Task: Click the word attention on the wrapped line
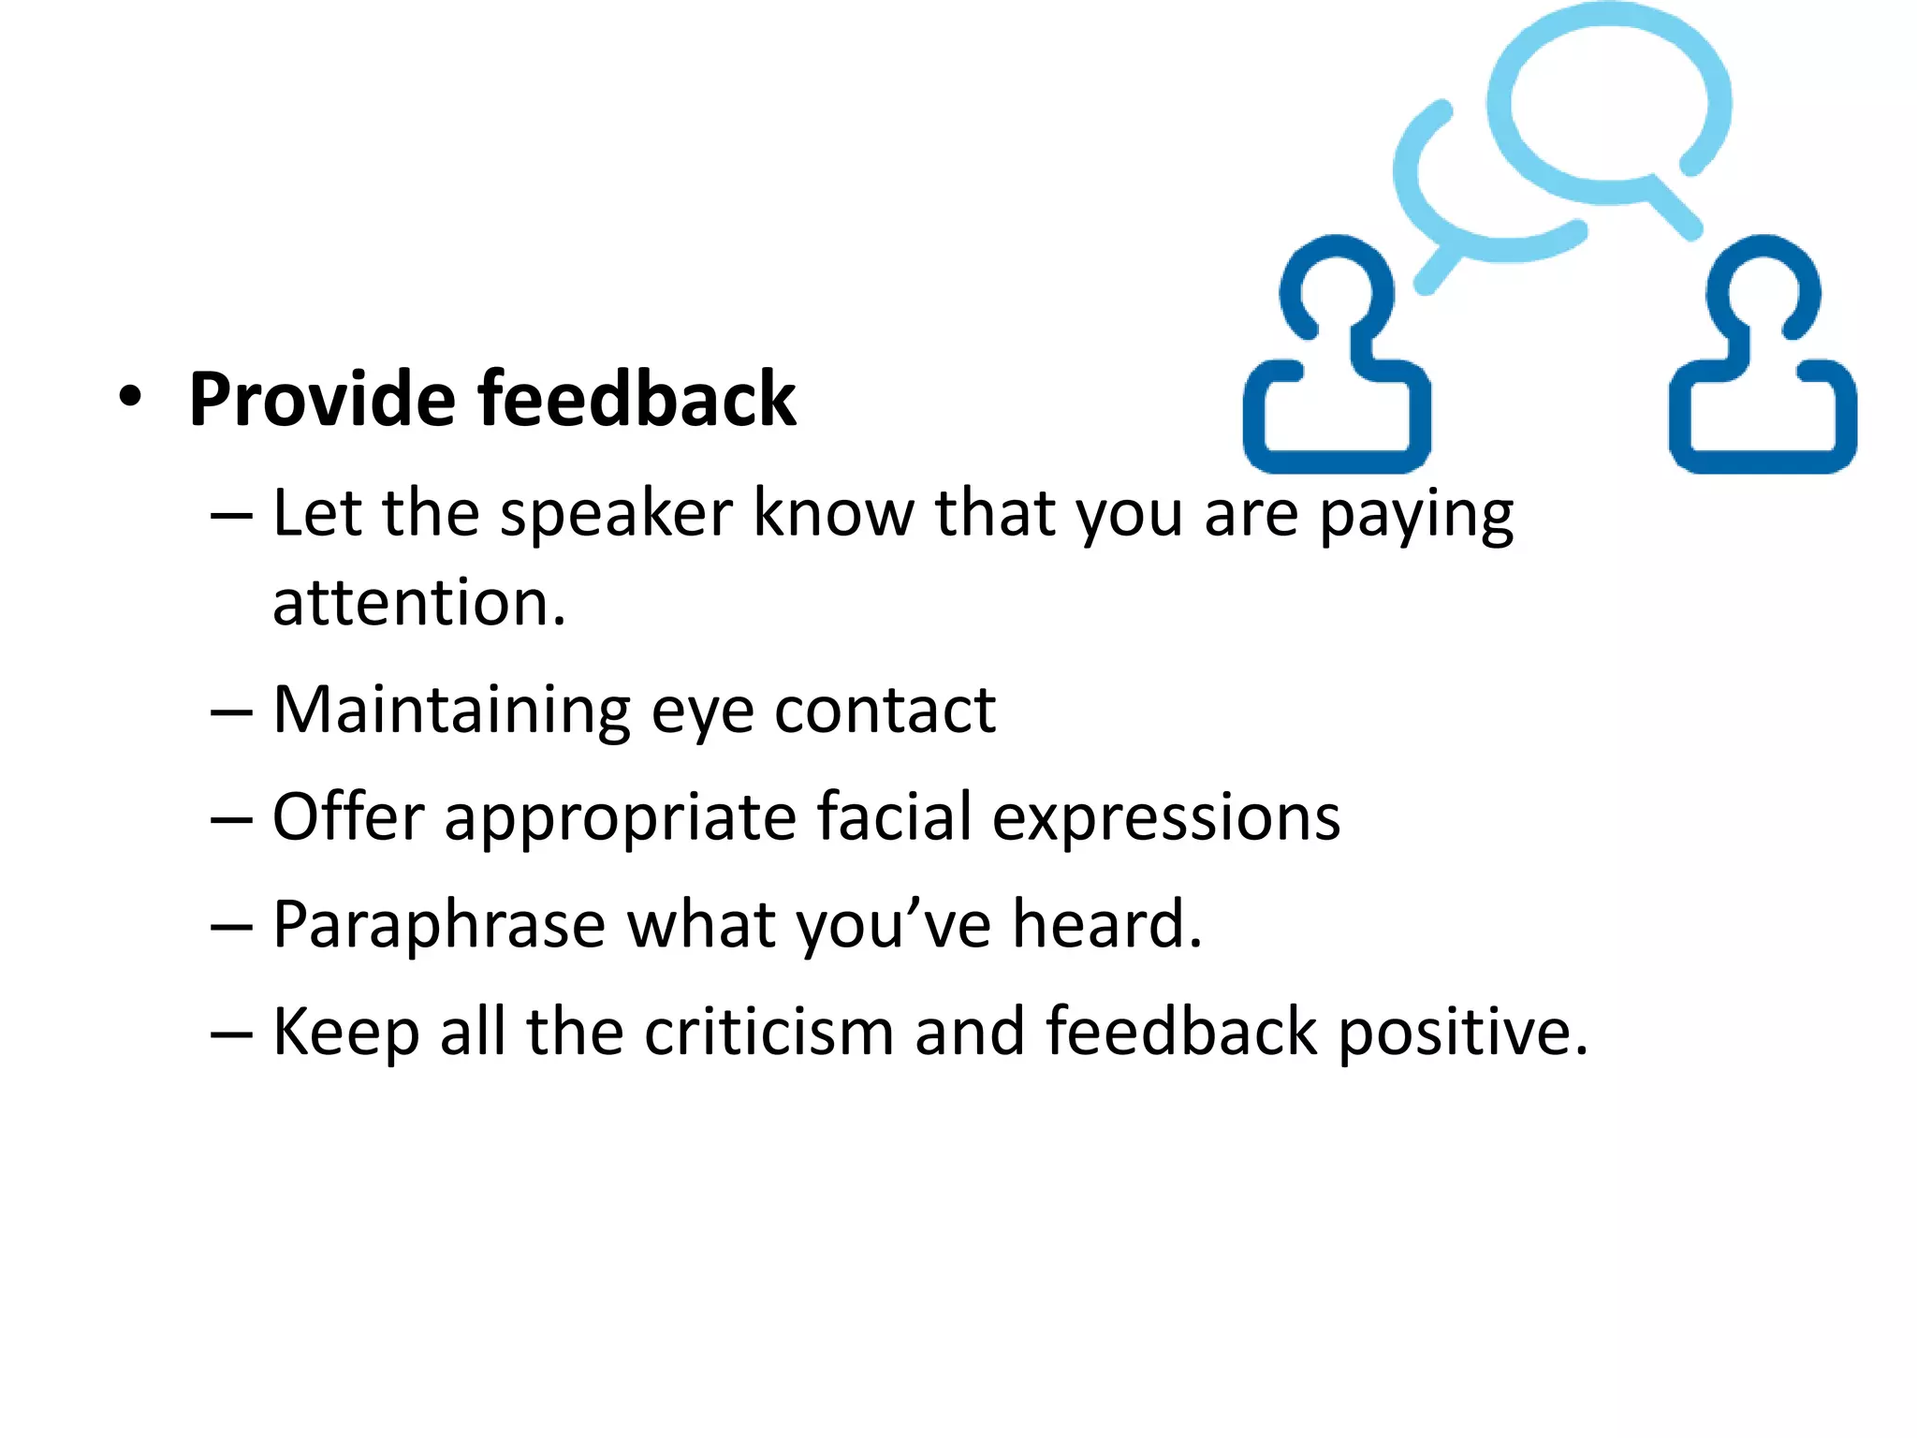[x=418, y=604]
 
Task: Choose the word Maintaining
[x=451, y=712]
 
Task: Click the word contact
[x=885, y=712]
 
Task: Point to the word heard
[x=1106, y=925]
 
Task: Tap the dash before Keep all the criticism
[x=231, y=1034]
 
